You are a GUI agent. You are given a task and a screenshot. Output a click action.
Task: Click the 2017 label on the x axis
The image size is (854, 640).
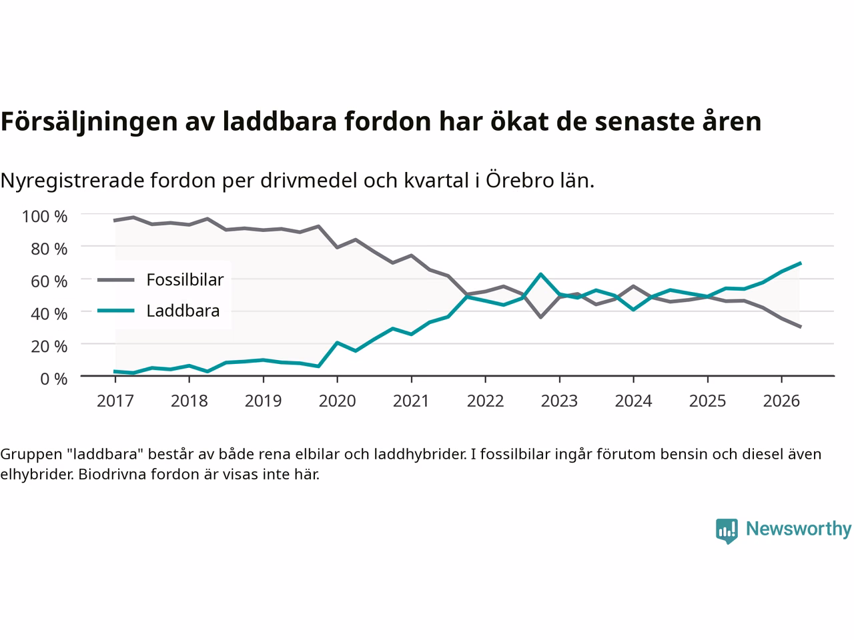pyautogui.click(x=115, y=401)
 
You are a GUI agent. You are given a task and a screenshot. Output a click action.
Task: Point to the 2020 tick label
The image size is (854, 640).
pyautogui.click(x=338, y=401)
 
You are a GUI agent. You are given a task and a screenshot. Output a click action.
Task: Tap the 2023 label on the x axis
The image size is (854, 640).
pyautogui.click(x=560, y=401)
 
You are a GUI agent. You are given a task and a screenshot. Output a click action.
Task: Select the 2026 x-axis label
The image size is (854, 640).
pyautogui.click(x=782, y=401)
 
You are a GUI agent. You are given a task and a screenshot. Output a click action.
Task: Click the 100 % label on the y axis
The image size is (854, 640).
pyautogui.click(x=44, y=217)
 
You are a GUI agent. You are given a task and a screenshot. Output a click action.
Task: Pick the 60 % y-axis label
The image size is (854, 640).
pyautogui.click(x=49, y=281)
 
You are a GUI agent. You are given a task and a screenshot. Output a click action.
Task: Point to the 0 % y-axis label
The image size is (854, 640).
pyautogui.click(x=53, y=379)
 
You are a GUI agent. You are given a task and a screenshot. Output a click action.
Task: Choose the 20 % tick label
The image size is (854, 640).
pyautogui.click(x=49, y=346)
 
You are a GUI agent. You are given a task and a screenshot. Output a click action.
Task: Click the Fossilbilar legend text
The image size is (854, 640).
pyautogui.click(x=185, y=280)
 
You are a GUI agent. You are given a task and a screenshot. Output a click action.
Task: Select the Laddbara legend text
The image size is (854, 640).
pyautogui.click(x=183, y=311)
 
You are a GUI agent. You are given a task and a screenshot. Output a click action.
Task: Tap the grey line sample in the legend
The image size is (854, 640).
pyautogui.click(x=116, y=280)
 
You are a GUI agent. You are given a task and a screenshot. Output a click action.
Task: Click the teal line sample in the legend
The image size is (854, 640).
pyautogui.click(x=116, y=311)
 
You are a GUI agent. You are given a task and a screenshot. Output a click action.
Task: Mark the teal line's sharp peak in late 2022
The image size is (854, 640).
pyautogui.click(x=541, y=275)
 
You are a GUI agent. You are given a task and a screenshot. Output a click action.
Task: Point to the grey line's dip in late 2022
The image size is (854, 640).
pyautogui.click(x=541, y=317)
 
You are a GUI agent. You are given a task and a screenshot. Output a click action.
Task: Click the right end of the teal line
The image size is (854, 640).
pyautogui.click(x=801, y=263)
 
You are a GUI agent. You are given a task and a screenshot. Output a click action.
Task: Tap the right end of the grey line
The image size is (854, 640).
pyautogui.click(x=801, y=327)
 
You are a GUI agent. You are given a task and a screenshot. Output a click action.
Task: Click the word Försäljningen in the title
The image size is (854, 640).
pyautogui.click(x=89, y=122)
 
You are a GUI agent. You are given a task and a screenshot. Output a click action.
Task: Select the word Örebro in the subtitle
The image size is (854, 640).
pyautogui.click(x=520, y=179)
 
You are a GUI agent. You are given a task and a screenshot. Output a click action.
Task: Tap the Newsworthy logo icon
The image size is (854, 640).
pyautogui.click(x=727, y=531)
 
